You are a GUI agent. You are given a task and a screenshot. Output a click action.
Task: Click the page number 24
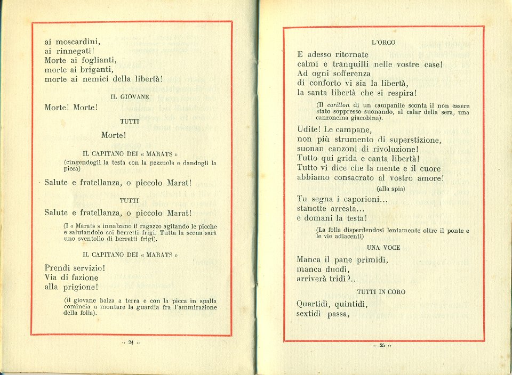[x=131, y=342]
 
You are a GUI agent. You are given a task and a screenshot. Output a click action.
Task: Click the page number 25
[x=382, y=345]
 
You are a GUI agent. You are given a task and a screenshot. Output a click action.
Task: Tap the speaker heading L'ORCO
[x=383, y=43]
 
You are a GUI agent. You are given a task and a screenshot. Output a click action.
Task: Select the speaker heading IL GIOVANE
[x=130, y=97]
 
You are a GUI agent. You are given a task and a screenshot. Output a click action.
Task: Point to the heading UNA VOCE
[x=383, y=248]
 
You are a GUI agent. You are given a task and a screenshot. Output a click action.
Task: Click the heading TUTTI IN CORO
[x=381, y=292]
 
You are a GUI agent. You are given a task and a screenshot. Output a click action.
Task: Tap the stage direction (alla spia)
[x=390, y=189]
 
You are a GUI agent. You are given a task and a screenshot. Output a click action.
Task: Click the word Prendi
[x=57, y=268]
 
